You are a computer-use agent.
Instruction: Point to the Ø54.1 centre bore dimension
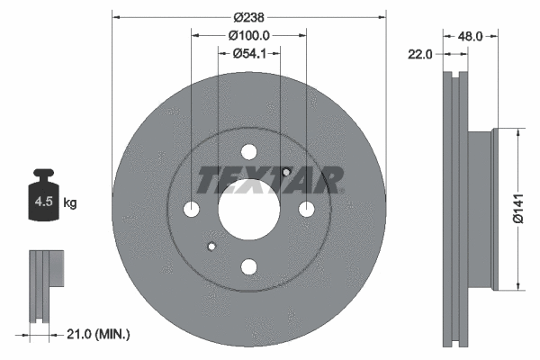click(248, 54)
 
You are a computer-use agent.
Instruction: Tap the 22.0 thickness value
click(420, 55)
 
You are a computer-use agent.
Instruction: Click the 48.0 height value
click(471, 37)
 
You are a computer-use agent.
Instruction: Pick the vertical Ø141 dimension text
click(518, 209)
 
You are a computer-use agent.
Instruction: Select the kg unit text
click(70, 203)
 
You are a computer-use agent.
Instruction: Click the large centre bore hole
click(249, 210)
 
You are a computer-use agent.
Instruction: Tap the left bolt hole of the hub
click(192, 210)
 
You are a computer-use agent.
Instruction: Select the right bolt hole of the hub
click(307, 210)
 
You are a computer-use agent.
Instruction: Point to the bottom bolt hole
click(249, 267)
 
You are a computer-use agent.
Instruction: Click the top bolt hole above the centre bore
click(249, 153)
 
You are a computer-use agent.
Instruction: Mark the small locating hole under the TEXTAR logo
click(284, 173)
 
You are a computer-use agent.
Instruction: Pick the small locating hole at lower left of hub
click(212, 246)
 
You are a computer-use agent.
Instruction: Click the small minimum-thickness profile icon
click(46, 283)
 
